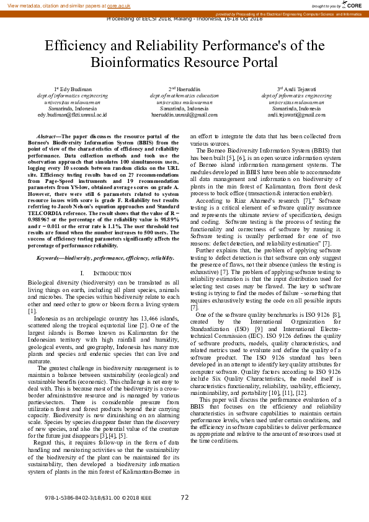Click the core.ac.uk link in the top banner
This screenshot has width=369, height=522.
tap(118, 6)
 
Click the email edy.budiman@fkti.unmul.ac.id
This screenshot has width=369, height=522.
tap(72, 115)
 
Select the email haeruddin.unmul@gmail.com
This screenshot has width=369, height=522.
tap(184, 115)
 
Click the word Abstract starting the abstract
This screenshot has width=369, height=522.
tap(47, 136)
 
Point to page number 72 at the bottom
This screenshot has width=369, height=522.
tap(184, 497)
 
